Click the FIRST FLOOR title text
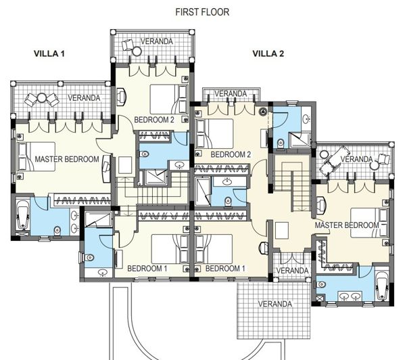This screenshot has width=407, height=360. tap(202, 12)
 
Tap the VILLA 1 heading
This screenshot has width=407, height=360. tap(49, 54)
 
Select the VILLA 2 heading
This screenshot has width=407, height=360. tap(268, 54)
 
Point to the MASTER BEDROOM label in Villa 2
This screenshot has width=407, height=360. tap(347, 225)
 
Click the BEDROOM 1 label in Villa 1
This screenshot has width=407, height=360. tap(147, 269)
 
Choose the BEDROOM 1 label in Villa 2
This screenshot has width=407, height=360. tap(225, 269)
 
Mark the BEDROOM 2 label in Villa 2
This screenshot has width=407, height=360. tap(231, 154)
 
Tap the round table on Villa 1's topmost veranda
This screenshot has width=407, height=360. tap(137, 51)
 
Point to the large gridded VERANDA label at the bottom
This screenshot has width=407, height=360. tap(275, 304)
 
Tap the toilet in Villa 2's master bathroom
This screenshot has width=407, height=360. tap(322, 284)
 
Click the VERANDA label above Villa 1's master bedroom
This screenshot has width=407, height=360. tap(84, 98)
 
